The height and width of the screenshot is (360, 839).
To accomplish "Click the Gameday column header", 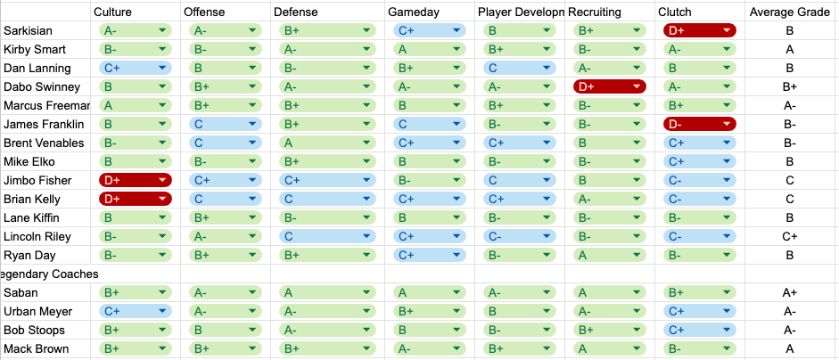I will [x=413, y=12].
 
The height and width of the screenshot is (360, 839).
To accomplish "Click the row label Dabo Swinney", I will [x=42, y=86].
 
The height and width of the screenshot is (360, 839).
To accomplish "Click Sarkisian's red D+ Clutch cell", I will [x=700, y=30].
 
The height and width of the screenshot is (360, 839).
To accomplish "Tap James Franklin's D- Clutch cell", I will [x=700, y=124].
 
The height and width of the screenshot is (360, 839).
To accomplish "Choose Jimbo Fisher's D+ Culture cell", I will [x=135, y=180].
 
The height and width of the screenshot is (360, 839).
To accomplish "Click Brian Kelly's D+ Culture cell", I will [x=135, y=199].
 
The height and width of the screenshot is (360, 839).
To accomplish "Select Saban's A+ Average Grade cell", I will [x=789, y=292].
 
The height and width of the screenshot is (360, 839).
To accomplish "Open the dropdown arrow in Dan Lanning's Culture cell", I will [x=162, y=68].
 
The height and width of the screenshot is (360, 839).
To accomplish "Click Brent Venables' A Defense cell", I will [x=325, y=143].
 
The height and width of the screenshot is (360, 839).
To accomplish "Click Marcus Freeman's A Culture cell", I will [x=135, y=105].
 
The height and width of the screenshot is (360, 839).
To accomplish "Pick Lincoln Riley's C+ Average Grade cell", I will [x=789, y=236].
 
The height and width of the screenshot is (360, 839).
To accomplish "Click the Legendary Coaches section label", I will [x=49, y=274].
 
